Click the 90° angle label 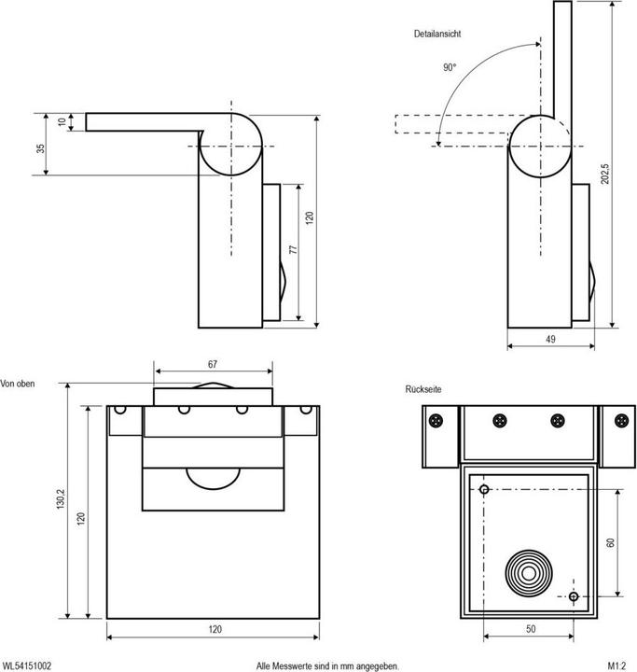tap(450, 68)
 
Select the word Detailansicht tap(437, 34)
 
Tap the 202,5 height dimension tap(605, 175)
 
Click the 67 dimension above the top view tap(214, 363)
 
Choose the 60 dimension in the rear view tap(611, 541)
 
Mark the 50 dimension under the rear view tap(530, 629)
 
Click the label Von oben tap(19, 384)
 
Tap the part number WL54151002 tap(27, 665)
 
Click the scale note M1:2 tap(616, 665)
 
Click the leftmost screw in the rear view tap(436, 421)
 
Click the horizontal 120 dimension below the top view tap(215, 629)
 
